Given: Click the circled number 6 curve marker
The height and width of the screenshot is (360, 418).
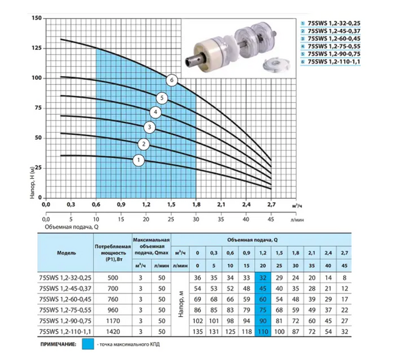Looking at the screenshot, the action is [172, 80].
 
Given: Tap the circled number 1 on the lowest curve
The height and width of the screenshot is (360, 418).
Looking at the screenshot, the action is [139, 160].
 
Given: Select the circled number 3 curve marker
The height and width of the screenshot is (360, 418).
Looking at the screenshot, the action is [149, 127].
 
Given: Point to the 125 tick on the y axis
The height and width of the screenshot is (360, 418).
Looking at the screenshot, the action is [37, 48].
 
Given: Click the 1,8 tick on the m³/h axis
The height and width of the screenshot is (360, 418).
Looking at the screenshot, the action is [196, 205].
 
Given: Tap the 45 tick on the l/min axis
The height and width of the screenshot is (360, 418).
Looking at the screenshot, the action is [270, 219].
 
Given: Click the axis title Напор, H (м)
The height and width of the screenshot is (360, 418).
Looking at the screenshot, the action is [32, 182].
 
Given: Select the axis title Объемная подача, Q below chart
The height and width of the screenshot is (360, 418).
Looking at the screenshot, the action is [72, 227].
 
